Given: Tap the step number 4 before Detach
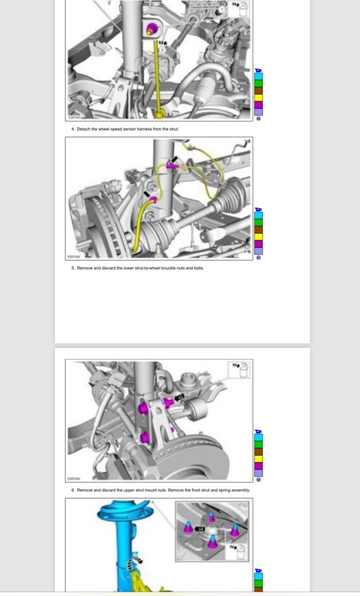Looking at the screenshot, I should coord(73,129).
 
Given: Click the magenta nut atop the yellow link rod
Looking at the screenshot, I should coord(152,28).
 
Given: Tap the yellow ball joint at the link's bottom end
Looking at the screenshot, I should coord(160,113).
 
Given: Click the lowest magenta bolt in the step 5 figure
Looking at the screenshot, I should coord(145,437).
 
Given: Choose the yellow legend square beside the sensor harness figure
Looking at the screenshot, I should coord(258,237).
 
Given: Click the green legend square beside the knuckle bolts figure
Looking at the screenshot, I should coord(258,444).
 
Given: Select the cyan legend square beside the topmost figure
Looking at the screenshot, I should coord(258,76).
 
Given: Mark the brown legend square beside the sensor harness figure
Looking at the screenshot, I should coord(258,229).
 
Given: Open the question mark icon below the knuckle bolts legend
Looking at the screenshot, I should coord(258,480).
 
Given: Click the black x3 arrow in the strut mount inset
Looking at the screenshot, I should coord(200,528).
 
